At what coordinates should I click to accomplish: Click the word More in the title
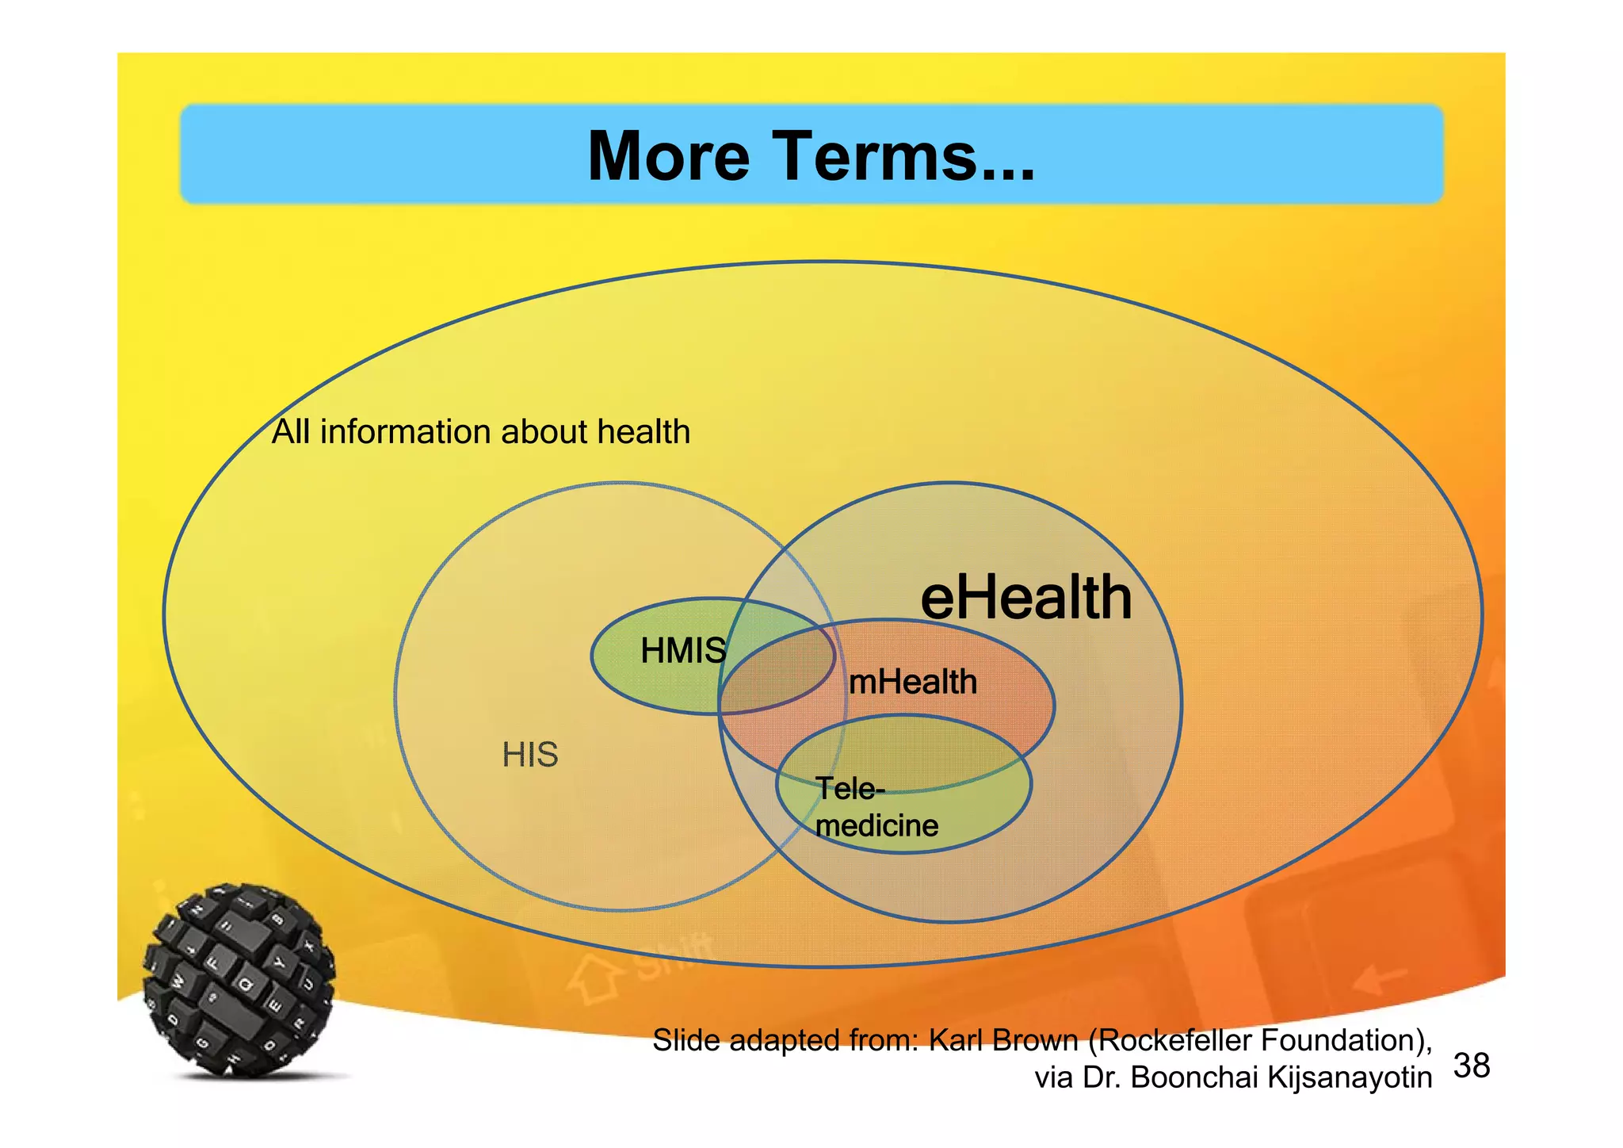[x=668, y=156]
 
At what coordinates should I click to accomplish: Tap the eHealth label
[x=1025, y=598]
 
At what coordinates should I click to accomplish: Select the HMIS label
[x=682, y=651]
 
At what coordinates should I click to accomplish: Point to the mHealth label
[x=912, y=682]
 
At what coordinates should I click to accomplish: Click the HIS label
[x=530, y=755]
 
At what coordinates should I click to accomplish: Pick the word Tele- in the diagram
[x=850, y=789]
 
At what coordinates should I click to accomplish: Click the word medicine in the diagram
[x=876, y=826]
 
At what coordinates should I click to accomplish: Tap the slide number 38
[x=1472, y=1066]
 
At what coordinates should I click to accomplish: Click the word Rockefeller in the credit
[x=1175, y=1040]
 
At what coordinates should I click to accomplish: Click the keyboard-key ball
[x=239, y=981]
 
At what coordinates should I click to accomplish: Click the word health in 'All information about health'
[x=643, y=432]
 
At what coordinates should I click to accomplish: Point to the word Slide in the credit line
[x=685, y=1040]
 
